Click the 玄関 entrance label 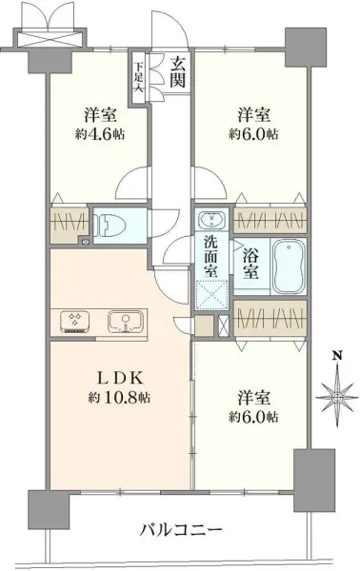(178, 73)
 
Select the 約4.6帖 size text (96, 132)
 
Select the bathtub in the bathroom (289, 267)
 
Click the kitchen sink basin (122, 321)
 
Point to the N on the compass (335, 358)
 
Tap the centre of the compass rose (335, 393)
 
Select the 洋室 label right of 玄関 (252, 113)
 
